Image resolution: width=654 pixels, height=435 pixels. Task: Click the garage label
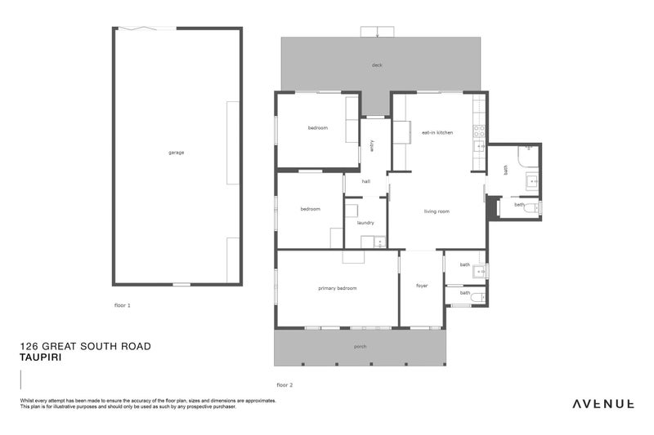pos(176,153)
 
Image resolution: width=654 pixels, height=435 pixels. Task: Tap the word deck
pos(377,65)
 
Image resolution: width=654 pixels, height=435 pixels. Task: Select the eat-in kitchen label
pos(437,132)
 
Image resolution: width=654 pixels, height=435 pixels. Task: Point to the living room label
pos(437,211)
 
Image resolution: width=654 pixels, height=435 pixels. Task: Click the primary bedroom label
pos(337,288)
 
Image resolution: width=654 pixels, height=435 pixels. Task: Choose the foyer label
pos(422,286)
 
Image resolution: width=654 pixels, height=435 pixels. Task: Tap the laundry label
pos(365,222)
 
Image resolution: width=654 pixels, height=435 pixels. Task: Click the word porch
pos(360,347)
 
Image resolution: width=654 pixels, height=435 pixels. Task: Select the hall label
pos(366,182)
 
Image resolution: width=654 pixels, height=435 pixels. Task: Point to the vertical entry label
pos(372,145)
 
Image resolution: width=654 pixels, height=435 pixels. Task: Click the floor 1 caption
pos(123,304)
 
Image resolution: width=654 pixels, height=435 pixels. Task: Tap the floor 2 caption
pos(284,384)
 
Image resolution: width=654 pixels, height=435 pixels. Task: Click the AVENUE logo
pos(603,403)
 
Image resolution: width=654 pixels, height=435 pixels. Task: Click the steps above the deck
pos(377,32)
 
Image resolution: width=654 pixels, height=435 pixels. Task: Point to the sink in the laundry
pos(379,242)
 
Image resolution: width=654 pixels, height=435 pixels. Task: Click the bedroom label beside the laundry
pos(310,209)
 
